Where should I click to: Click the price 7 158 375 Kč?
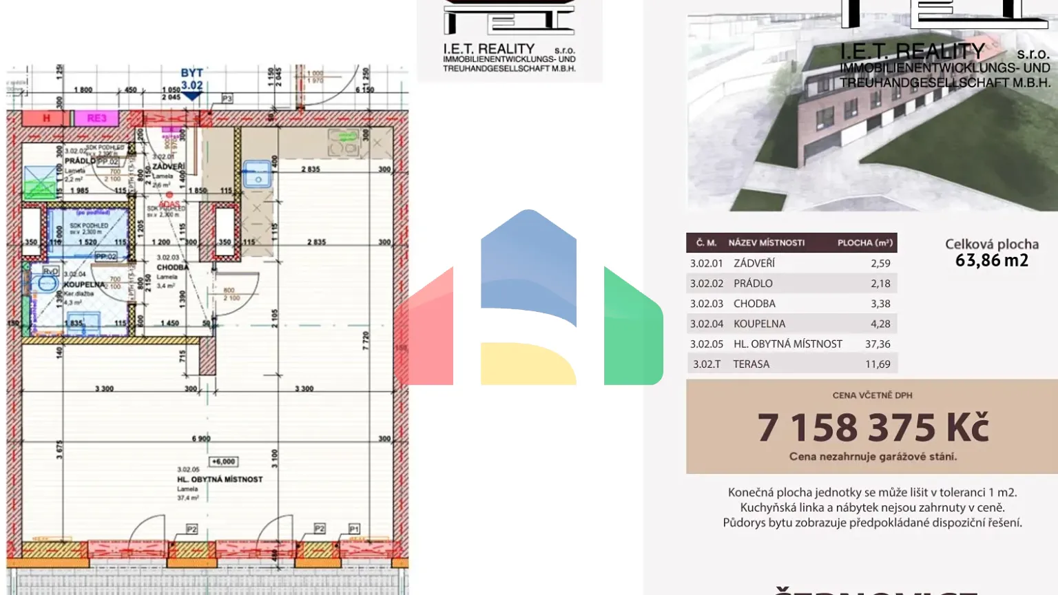[x=873, y=428]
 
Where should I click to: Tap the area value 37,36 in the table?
[x=878, y=344]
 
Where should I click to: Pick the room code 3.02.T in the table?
[x=707, y=364]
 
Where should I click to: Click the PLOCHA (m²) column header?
[x=864, y=242]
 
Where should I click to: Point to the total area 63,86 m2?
[x=991, y=260]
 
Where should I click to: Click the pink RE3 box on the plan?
[x=96, y=118]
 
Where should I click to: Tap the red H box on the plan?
[x=46, y=118]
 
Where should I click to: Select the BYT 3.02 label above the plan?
[x=191, y=79]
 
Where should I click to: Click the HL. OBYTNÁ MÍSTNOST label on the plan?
[x=220, y=479]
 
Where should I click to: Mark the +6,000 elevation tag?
[x=223, y=461]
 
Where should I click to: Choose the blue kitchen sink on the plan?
[x=258, y=175]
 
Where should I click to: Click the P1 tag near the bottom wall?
[x=354, y=529]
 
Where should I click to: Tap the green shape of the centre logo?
[x=633, y=327]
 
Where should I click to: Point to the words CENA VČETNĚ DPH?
[x=872, y=395]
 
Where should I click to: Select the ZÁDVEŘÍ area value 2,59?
[x=880, y=263]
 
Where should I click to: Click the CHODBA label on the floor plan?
[x=172, y=267]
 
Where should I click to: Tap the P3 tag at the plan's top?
[x=227, y=99]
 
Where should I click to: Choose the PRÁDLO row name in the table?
[x=753, y=283]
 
